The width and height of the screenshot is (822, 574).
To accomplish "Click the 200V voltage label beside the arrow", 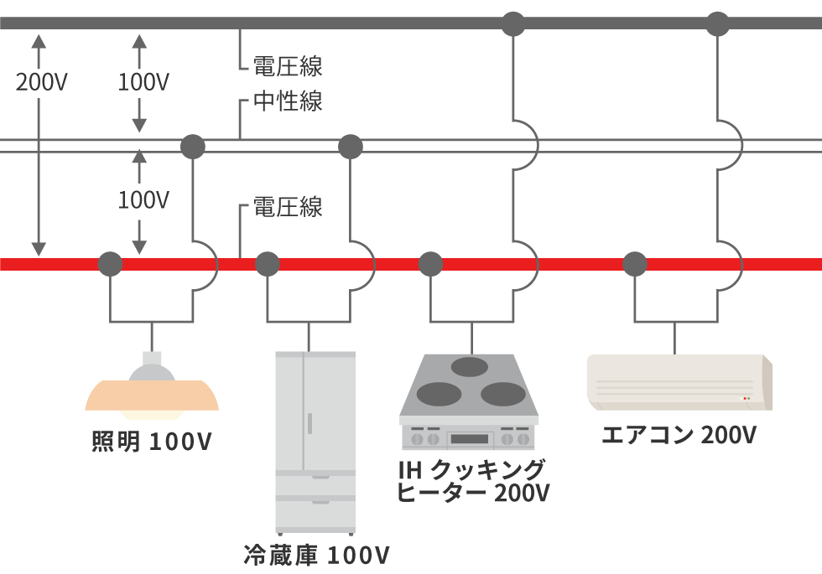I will pos(42,82).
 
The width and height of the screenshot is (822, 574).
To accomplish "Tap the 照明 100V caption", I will pos(152,442).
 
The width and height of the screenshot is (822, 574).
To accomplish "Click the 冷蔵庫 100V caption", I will pos(316,555).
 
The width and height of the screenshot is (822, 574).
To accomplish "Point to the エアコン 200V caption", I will pos(679,435).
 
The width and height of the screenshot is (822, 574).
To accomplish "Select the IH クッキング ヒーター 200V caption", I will pos(472,480).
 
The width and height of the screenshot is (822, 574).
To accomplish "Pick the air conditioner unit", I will pos(679,383).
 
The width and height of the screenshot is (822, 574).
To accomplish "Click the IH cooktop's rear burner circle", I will pos(470,365).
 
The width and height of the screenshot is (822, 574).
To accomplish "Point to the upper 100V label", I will pos(143,82).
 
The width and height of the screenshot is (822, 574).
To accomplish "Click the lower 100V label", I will pos(143,200).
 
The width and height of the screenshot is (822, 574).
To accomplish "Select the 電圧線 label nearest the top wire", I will pos(288,65).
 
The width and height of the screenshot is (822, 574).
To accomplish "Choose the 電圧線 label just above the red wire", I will pos(288,207).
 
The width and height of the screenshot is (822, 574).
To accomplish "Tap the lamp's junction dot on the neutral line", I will pos(194,147).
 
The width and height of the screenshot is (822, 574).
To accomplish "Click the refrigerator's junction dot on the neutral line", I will pos(350,147).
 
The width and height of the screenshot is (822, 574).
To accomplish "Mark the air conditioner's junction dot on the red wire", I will pos(635,264).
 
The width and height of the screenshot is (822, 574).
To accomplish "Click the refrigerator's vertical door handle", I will pos(309,422).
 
